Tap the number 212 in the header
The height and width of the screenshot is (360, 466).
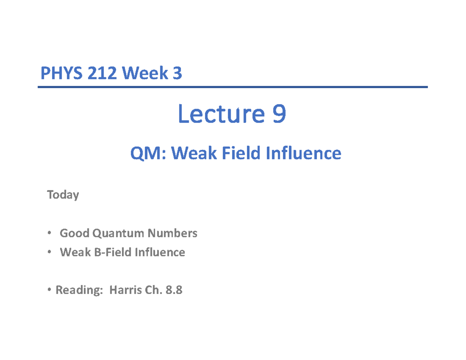click(x=101, y=73)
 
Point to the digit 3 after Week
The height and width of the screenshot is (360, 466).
click(x=177, y=73)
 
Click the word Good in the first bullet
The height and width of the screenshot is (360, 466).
click(x=73, y=233)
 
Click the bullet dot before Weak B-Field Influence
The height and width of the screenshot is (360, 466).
click(x=49, y=252)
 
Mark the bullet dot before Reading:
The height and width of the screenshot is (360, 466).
click(x=49, y=290)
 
